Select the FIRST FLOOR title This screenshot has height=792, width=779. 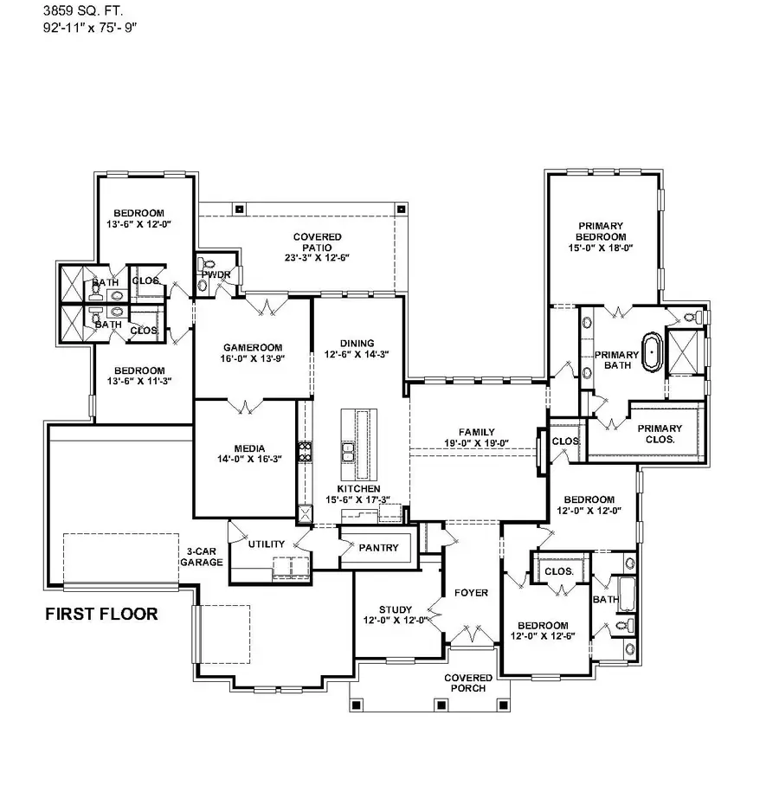(x=101, y=615)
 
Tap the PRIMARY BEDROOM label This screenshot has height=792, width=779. (x=601, y=231)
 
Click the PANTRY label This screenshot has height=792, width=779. (x=378, y=548)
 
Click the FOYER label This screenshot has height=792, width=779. (x=472, y=593)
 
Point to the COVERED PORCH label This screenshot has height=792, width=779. (x=468, y=683)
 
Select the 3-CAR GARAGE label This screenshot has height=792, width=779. (x=201, y=557)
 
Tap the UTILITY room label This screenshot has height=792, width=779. (x=266, y=544)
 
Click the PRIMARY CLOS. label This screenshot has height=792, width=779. (x=660, y=434)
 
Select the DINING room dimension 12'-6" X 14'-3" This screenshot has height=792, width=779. (x=357, y=354)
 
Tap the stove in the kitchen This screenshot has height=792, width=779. (x=305, y=450)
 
